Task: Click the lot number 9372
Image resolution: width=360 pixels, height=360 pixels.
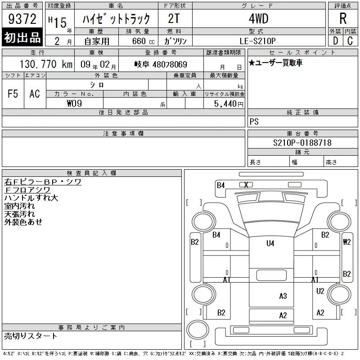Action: tap(22, 19)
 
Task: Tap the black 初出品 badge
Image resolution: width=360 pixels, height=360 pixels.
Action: tap(22, 37)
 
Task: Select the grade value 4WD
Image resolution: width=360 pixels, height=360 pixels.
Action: tap(258, 18)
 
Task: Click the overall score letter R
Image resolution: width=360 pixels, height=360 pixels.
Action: tap(343, 18)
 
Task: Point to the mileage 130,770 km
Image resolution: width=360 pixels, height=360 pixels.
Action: tap(46, 64)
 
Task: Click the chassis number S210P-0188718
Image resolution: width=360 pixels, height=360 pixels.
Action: tap(302, 143)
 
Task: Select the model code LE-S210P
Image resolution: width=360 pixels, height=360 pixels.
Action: tap(257, 41)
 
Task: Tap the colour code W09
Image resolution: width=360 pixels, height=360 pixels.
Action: tap(74, 103)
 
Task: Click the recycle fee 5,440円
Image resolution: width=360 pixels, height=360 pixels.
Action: tap(229, 104)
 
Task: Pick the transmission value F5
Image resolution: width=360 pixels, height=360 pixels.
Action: tap(13, 94)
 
